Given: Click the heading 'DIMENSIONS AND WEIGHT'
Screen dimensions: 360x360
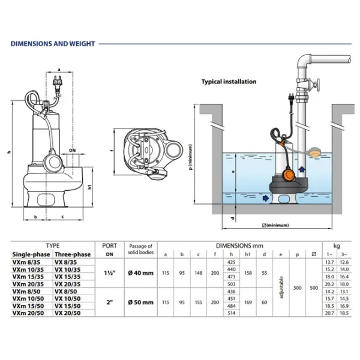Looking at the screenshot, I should pyautogui.click(x=53, y=44).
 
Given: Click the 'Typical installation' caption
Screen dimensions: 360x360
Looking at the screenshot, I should pyautogui.click(x=228, y=82).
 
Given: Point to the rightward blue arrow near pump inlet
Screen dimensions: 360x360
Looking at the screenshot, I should pyautogui.click(x=266, y=197).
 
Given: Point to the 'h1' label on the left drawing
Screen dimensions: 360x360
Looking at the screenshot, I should pyautogui.click(x=89, y=187).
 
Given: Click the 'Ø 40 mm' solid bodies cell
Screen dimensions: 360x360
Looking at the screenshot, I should pyautogui.click(x=140, y=273).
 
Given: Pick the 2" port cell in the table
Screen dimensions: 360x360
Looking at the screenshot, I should pyautogui.click(x=110, y=296).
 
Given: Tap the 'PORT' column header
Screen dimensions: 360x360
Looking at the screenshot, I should pyautogui.click(x=110, y=246).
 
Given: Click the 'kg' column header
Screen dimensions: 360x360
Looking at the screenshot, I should pyautogui.click(x=335, y=246).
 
